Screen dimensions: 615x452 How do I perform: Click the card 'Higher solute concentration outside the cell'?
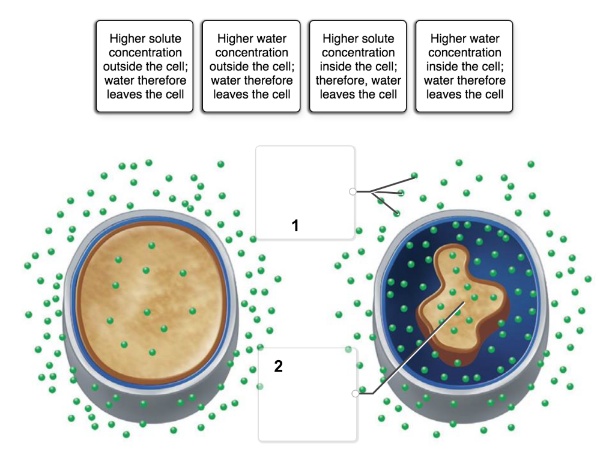tap(145, 66)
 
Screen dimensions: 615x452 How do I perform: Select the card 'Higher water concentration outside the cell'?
tap(252, 66)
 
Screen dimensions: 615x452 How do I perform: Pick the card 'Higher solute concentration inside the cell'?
tap(358, 66)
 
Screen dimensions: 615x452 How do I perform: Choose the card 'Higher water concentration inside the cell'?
tap(464, 66)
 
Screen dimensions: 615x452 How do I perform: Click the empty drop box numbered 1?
tap(305, 192)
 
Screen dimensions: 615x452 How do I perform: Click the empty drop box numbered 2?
tap(308, 394)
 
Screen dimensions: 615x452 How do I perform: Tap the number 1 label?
tap(295, 226)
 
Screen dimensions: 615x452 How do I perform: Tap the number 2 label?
tap(279, 366)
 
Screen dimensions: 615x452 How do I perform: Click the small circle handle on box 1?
tap(353, 191)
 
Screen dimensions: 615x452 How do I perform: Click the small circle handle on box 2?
tap(356, 393)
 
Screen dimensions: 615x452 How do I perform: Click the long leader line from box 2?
tap(418, 348)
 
